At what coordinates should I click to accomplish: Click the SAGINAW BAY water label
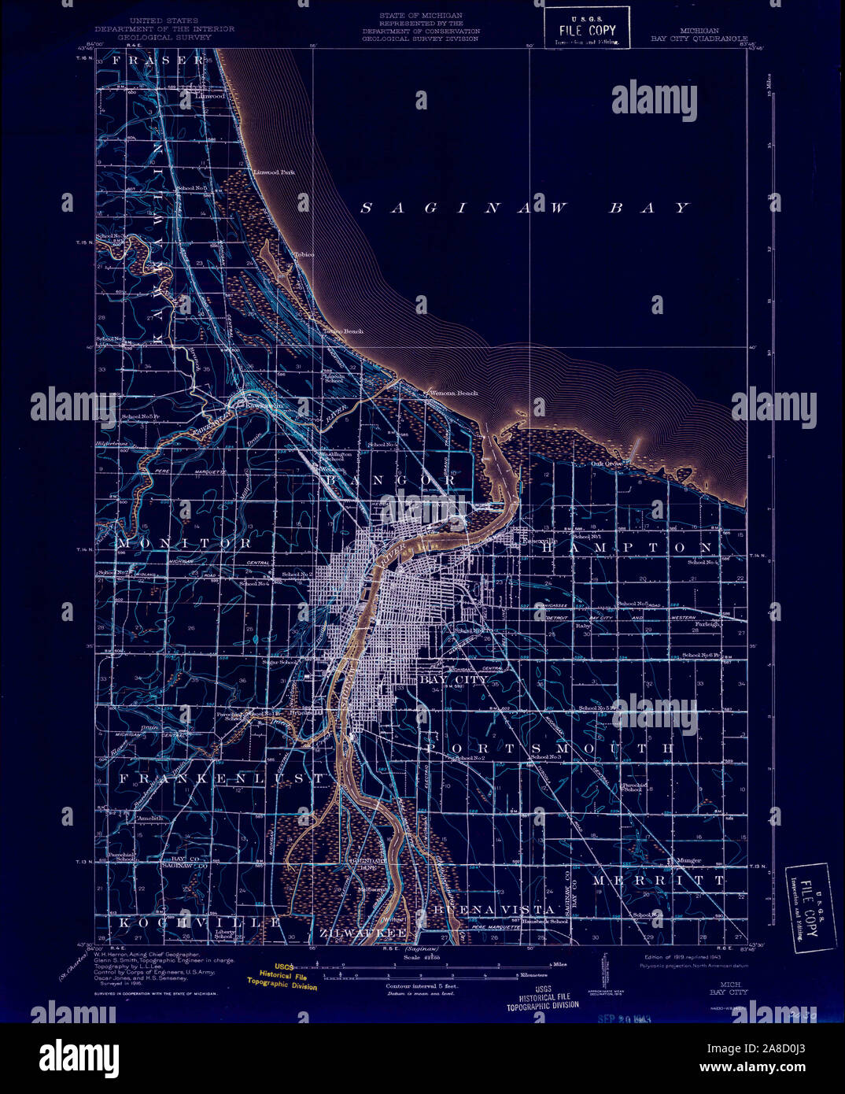(x=525, y=208)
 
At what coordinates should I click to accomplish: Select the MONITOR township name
(x=186, y=543)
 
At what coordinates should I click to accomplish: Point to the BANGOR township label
(x=390, y=479)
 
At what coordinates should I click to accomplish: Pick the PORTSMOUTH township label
(x=550, y=748)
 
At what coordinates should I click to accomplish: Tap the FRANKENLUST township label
(x=221, y=778)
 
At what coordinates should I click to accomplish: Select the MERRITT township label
(x=659, y=880)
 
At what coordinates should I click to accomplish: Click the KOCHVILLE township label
(x=200, y=921)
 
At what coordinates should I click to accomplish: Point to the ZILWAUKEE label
(x=363, y=933)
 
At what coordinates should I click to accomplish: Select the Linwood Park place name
(x=273, y=172)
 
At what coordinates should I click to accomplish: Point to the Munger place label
(x=686, y=861)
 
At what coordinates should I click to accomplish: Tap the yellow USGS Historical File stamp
(x=282, y=977)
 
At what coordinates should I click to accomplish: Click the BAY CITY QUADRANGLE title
(x=698, y=36)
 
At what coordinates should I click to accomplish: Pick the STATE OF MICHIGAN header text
(x=420, y=16)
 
